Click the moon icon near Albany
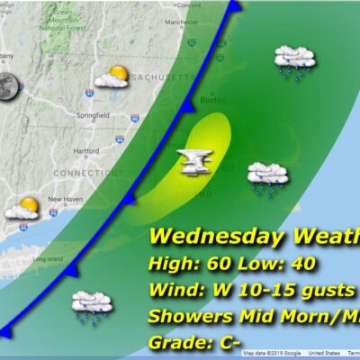pyautogui.click(x=10, y=86)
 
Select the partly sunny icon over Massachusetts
pyautogui.click(x=112, y=78)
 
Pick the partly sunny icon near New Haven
pyautogui.click(x=22, y=209)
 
